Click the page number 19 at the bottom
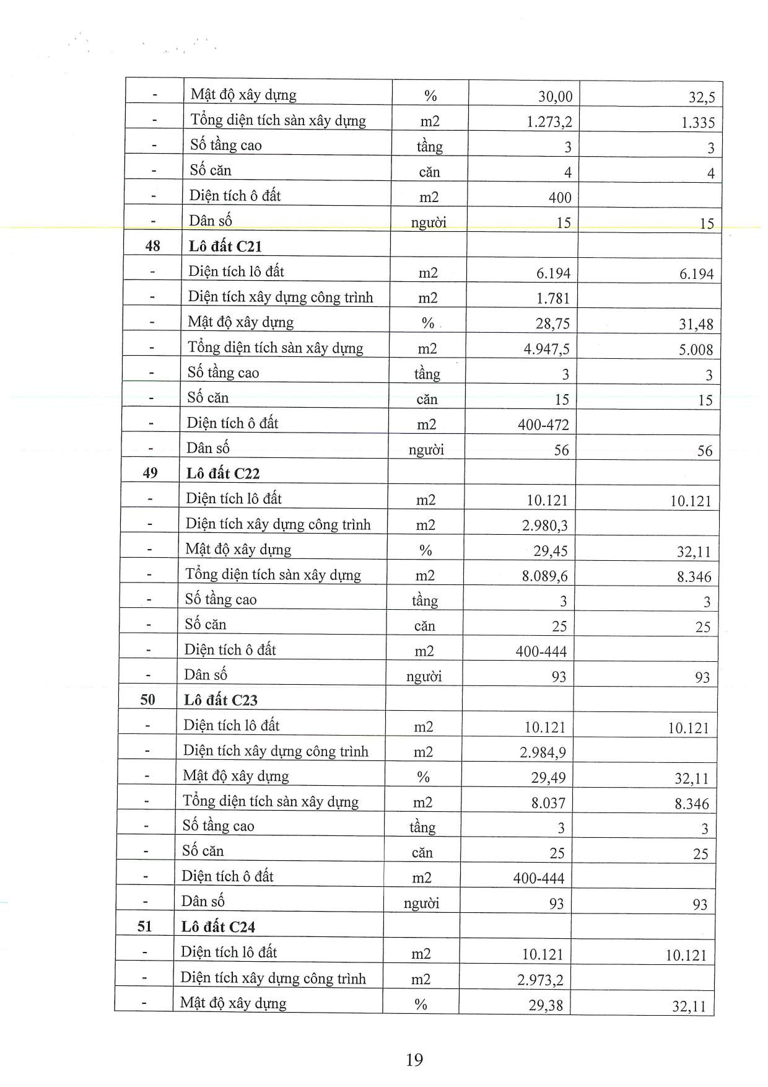pyautogui.click(x=414, y=1059)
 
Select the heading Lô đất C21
pyautogui.click(x=225, y=247)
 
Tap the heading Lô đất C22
pyautogui.click(x=223, y=473)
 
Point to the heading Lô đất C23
pyautogui.click(x=220, y=700)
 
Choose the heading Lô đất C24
pyautogui.click(x=218, y=926)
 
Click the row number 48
pyautogui.click(x=152, y=247)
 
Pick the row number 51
pyautogui.click(x=144, y=926)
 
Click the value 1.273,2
pyautogui.click(x=549, y=122)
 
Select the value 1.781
pyautogui.click(x=552, y=299)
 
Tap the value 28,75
pyautogui.click(x=552, y=323)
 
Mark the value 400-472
pyautogui.click(x=543, y=425)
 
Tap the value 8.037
pyautogui.click(x=548, y=804)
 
